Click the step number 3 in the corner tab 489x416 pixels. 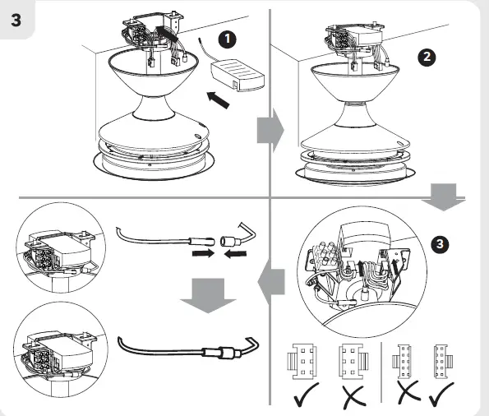(x=16, y=21)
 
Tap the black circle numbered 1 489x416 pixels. (x=228, y=39)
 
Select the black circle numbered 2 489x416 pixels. (x=427, y=57)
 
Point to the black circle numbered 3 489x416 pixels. (x=440, y=244)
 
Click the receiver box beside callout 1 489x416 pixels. (x=238, y=76)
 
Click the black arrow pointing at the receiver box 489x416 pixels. (x=219, y=99)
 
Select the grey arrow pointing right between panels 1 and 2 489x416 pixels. (x=270, y=130)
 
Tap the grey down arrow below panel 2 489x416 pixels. (x=443, y=197)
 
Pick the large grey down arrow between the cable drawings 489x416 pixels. (x=208, y=295)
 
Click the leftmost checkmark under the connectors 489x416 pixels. (x=307, y=394)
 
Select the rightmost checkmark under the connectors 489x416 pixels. (x=441, y=394)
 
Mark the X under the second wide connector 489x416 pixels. (x=353, y=397)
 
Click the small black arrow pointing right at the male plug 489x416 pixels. (x=203, y=253)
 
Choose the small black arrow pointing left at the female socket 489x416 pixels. (x=235, y=255)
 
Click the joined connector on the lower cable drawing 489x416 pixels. (x=222, y=352)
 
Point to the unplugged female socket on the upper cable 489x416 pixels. (x=229, y=241)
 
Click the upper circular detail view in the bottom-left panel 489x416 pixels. (x=61, y=247)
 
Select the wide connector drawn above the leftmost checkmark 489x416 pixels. (x=302, y=362)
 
